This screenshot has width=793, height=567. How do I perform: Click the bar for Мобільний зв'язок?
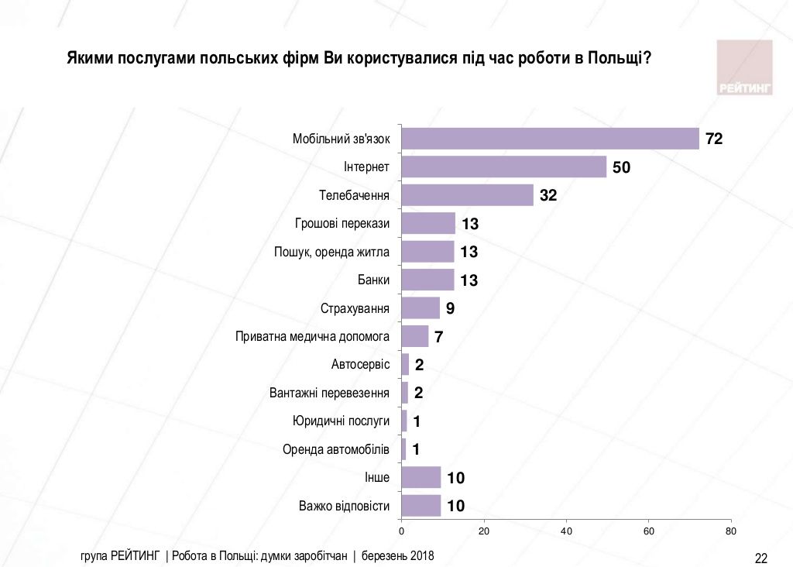coord(550,139)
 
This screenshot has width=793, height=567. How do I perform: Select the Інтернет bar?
coord(503,167)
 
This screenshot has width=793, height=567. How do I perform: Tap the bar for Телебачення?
coord(467,195)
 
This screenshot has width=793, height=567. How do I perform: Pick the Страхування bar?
coord(421,308)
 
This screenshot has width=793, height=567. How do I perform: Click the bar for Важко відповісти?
coord(421,507)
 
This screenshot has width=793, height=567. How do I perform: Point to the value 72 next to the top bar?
coord(713,139)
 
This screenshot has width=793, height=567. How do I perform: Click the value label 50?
coord(621,167)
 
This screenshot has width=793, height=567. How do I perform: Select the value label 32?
coord(548,196)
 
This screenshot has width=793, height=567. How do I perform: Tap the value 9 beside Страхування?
coord(450,309)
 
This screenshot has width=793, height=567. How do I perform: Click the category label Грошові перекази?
coord(342,223)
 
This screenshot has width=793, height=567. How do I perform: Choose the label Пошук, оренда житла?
coord(331,252)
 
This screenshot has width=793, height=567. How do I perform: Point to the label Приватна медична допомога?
coord(312,337)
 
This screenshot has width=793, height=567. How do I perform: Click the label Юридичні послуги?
coord(341,421)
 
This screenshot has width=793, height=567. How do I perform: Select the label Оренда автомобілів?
coord(335,450)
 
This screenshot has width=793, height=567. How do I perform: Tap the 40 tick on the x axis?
coord(566,531)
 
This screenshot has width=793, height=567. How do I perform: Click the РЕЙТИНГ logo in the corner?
coord(744,68)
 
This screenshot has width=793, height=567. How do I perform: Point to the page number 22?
coord(760,558)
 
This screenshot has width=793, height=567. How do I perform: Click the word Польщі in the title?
coord(613,59)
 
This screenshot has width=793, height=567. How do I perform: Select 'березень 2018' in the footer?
coord(398,556)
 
